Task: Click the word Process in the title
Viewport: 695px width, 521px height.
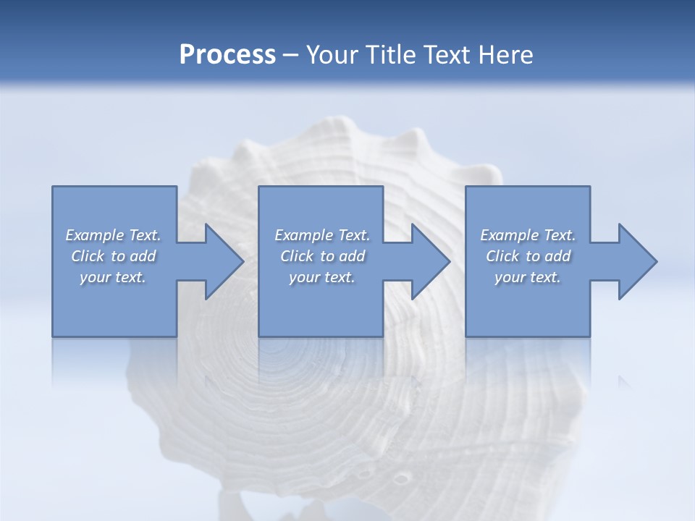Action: click(x=227, y=55)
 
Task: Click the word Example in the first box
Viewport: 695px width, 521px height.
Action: click(x=95, y=235)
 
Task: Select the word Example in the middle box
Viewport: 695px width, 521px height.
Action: click(x=303, y=235)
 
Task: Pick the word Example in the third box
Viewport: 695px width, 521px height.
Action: click(x=509, y=235)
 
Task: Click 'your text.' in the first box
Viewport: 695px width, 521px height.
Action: click(x=113, y=277)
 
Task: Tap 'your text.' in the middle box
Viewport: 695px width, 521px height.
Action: click(x=321, y=277)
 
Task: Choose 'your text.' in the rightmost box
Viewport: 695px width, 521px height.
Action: click(x=527, y=277)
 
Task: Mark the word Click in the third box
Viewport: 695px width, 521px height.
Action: click(x=502, y=256)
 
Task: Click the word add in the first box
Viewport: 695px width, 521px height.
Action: click(x=143, y=256)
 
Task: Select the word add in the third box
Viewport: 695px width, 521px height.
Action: click(x=557, y=256)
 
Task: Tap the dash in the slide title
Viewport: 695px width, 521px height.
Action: click(x=290, y=56)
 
